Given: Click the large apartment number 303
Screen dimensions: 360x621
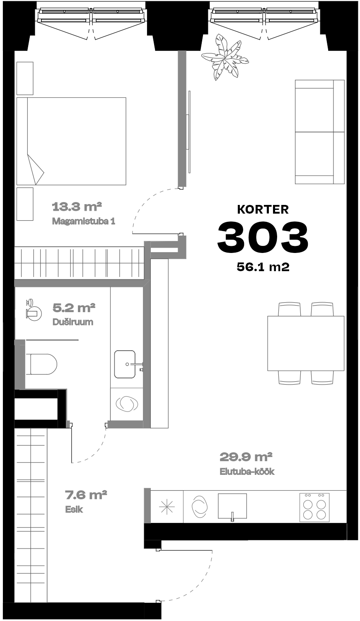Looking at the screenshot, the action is point(263,237).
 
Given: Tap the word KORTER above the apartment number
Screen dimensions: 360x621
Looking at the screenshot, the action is point(263,209).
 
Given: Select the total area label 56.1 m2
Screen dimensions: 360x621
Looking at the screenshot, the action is point(263,267).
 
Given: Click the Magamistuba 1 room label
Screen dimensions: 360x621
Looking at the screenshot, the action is point(84,221).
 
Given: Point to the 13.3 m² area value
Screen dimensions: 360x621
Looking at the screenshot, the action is point(77,207).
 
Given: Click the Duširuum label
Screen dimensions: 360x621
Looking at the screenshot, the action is point(72,322).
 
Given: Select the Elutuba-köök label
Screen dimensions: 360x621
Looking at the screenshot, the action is point(247,472).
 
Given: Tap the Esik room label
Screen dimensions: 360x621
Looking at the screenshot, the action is point(74,509).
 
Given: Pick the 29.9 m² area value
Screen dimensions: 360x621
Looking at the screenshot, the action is point(246,457).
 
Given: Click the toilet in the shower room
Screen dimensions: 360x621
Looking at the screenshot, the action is point(41,364).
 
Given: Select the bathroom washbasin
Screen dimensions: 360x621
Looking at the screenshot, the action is point(125,364).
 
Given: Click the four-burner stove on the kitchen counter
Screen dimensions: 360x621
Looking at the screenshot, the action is point(314,507).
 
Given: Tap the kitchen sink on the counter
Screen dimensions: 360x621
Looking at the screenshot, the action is point(232,506).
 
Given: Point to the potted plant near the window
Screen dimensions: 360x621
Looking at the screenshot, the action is point(225,57).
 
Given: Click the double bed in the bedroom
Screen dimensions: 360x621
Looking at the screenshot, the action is point(71,141).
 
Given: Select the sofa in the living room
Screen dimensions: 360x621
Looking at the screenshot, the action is point(319,132).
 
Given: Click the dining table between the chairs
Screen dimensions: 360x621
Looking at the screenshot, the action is point(306,343).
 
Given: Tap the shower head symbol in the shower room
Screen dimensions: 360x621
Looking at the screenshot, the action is point(33,310).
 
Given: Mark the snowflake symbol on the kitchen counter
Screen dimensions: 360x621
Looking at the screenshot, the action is point(167,507).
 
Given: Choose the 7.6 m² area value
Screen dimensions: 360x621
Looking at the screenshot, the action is point(86,494).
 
